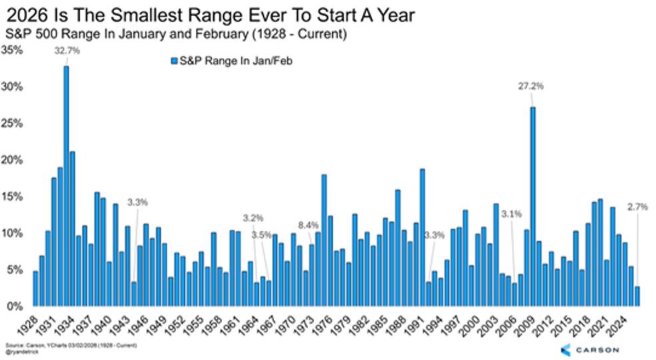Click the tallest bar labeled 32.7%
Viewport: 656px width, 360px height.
click(66, 187)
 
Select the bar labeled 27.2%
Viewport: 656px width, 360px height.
click(533, 207)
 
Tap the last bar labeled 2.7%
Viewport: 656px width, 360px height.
click(637, 297)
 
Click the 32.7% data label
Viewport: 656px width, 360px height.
click(67, 51)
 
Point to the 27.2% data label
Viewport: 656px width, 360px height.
click(531, 86)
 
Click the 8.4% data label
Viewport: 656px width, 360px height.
click(308, 225)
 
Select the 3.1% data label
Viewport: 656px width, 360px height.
click(512, 214)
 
